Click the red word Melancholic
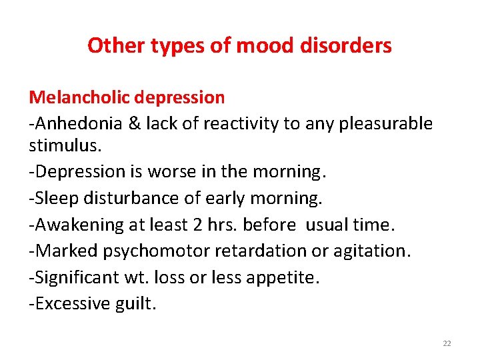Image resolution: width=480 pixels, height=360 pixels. (79, 98)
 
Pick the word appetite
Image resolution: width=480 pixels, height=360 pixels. (287, 278)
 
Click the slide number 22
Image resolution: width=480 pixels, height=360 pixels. (447, 343)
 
